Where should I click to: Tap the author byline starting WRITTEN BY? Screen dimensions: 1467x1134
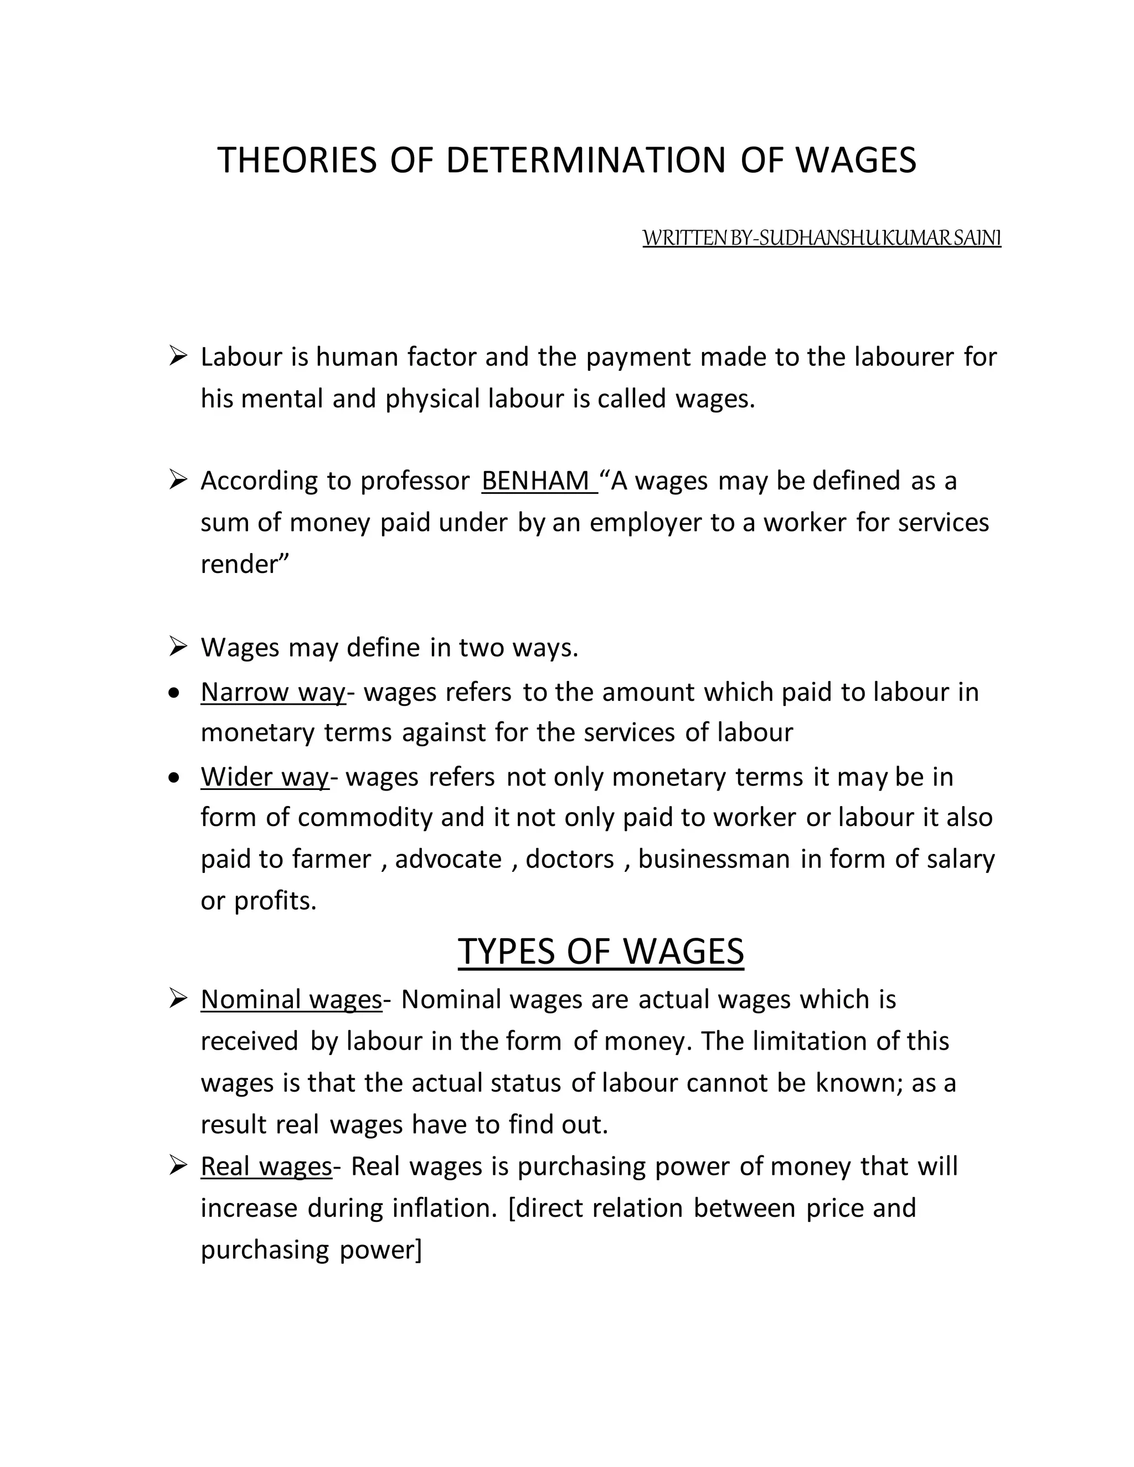click(x=821, y=238)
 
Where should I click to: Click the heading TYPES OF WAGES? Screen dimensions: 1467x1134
click(x=601, y=951)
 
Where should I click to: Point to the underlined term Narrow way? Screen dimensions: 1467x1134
click(x=273, y=692)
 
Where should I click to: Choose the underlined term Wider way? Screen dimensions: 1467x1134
click(x=265, y=777)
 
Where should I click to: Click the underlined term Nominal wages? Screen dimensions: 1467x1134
click(x=291, y=999)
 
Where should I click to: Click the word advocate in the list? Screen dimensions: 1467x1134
click(x=448, y=859)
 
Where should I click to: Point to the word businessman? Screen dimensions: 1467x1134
click(x=713, y=859)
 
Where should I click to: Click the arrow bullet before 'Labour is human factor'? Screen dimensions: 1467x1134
click(x=178, y=355)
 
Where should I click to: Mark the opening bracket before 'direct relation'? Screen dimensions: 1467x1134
click(x=513, y=1208)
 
